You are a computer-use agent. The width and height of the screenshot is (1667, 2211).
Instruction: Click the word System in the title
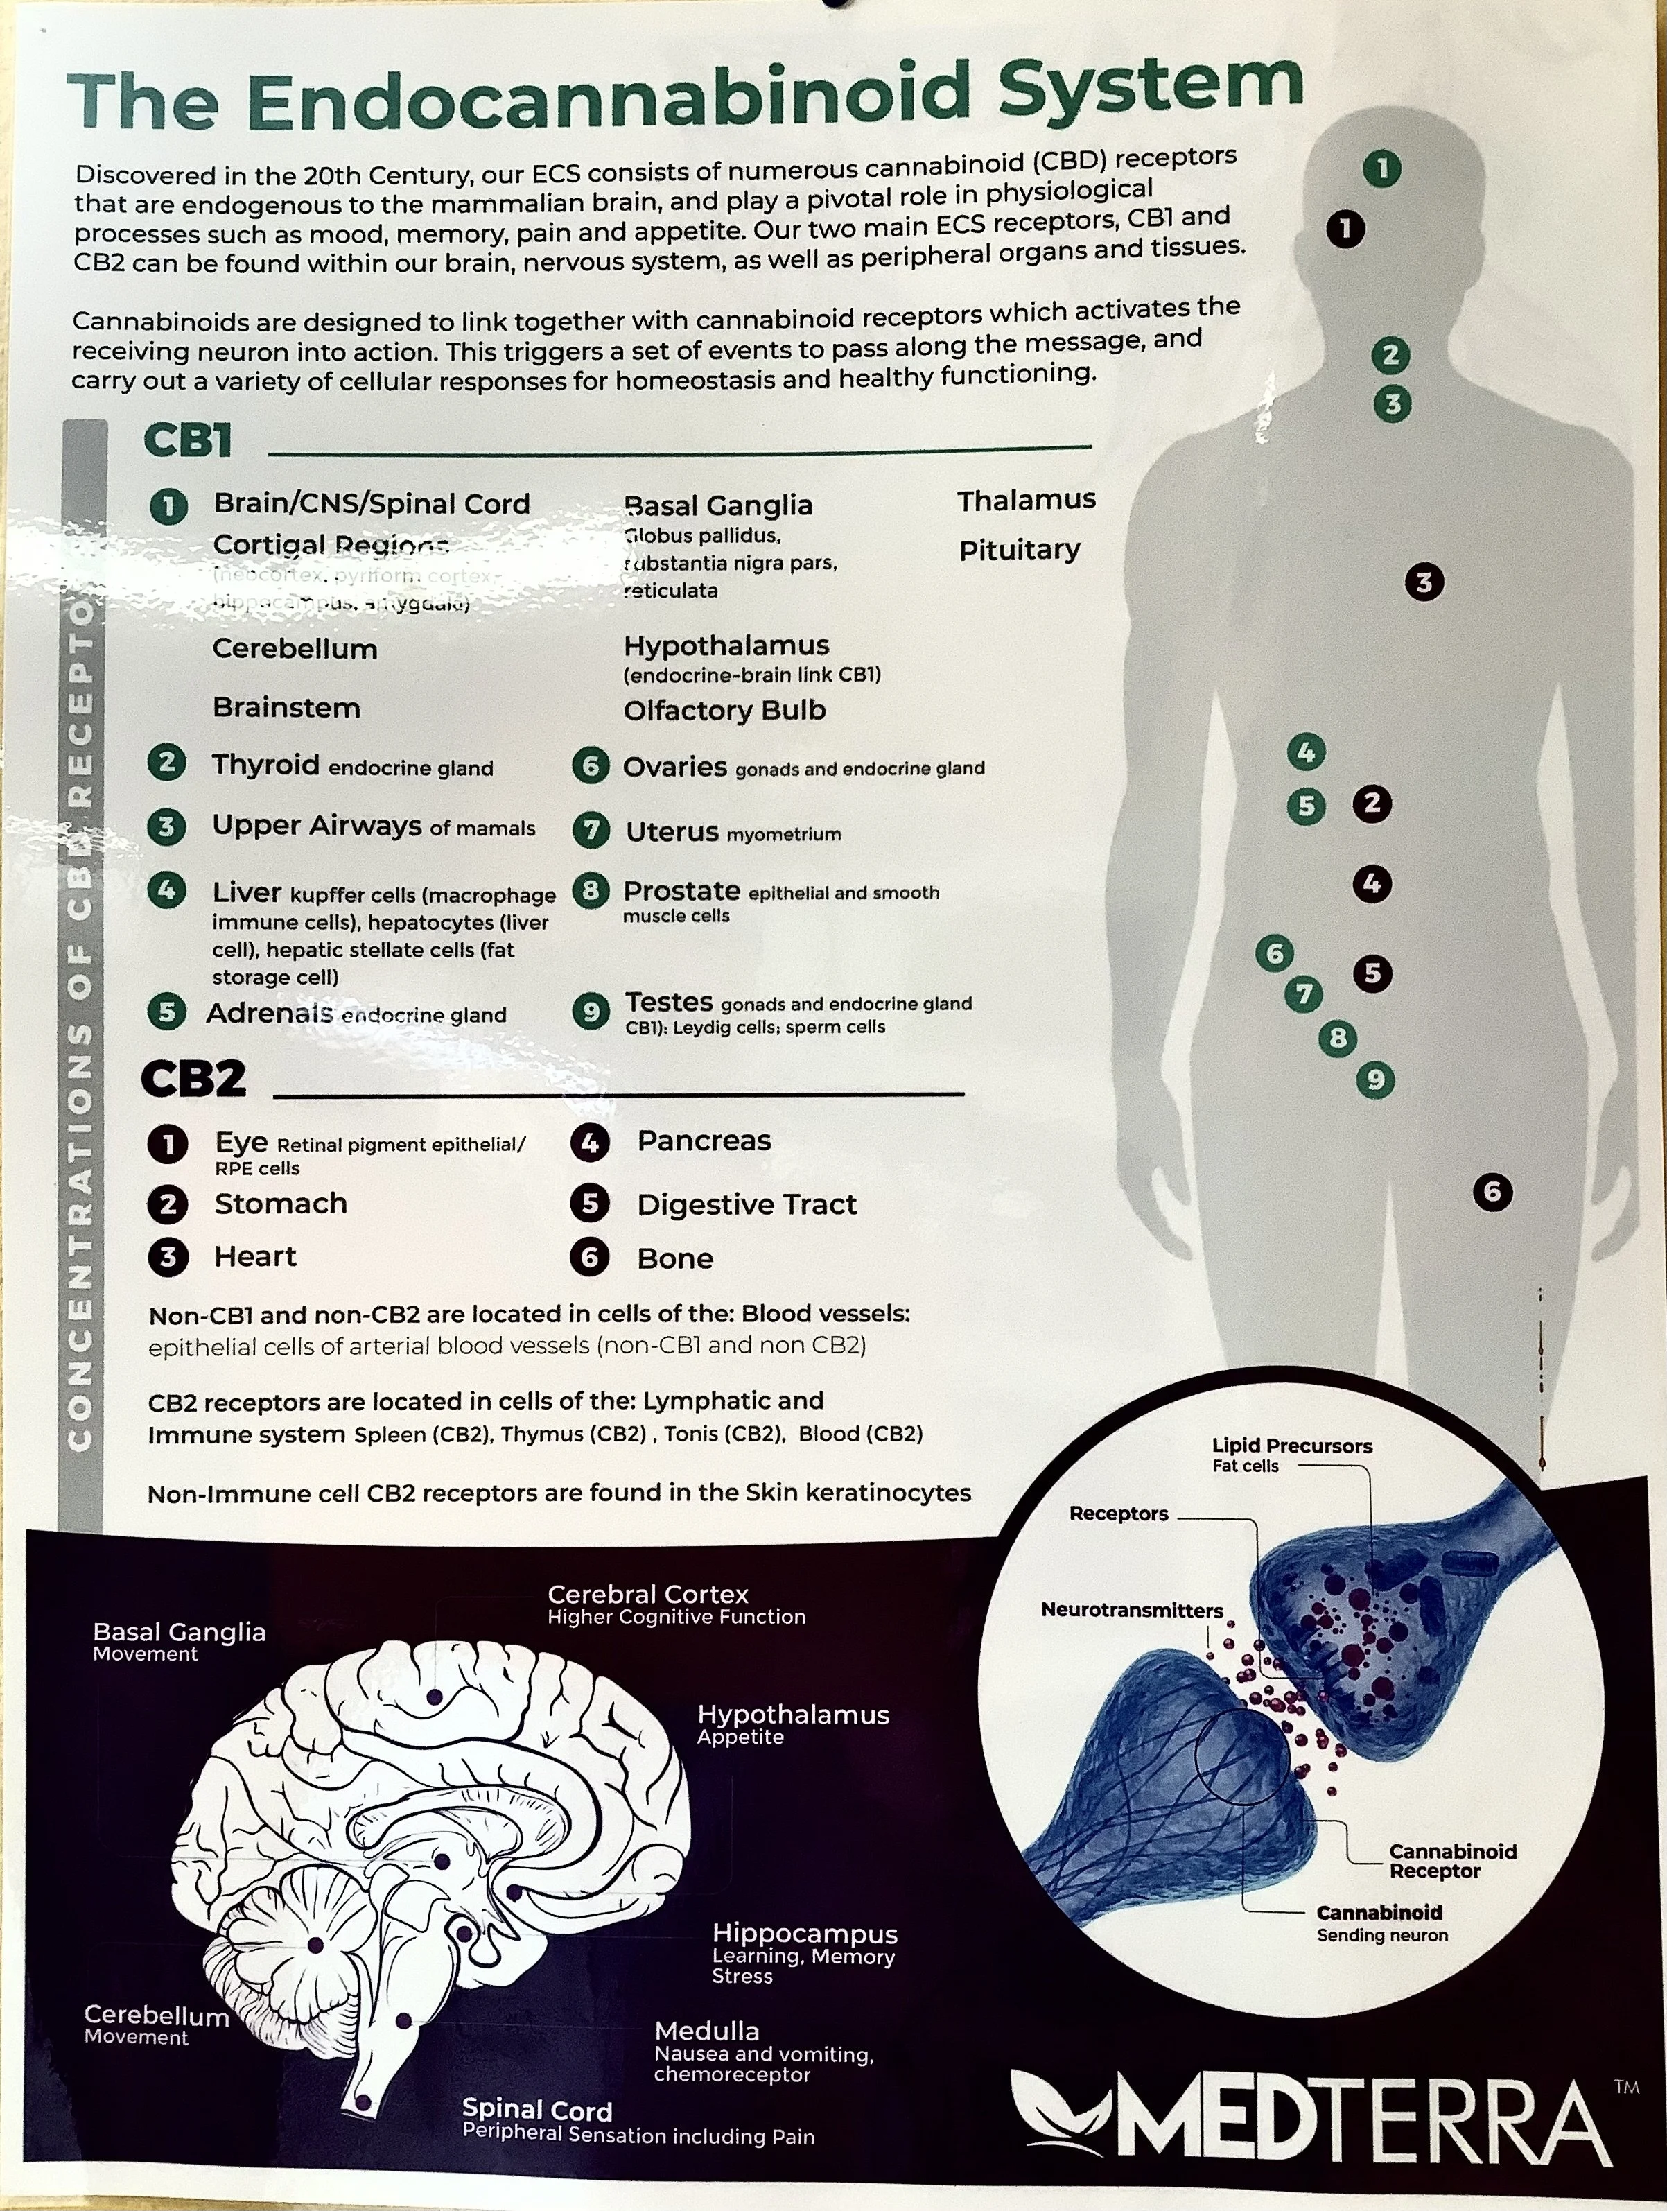click(1149, 88)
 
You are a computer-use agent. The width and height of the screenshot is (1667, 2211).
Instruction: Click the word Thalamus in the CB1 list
click(1027, 500)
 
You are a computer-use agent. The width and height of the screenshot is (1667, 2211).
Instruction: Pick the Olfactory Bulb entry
click(724, 711)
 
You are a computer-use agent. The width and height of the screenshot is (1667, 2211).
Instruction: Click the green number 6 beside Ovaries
click(591, 767)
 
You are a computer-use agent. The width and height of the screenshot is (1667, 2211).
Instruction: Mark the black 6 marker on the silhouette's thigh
click(1492, 1191)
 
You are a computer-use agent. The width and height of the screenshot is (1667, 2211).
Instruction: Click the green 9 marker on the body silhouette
click(1375, 1080)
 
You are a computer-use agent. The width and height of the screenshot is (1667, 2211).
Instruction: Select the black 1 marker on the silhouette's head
click(1345, 229)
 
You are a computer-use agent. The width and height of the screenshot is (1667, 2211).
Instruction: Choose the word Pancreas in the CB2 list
click(704, 1141)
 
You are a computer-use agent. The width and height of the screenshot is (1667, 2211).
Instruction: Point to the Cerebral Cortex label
click(647, 1594)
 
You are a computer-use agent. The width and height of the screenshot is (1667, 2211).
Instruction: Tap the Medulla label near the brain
click(706, 2031)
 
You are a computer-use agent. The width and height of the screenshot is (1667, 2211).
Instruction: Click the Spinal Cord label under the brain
click(536, 2110)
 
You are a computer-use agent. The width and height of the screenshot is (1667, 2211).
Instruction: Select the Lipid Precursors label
click(1291, 1446)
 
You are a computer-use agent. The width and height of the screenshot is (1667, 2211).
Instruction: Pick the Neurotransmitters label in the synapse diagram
click(1131, 1611)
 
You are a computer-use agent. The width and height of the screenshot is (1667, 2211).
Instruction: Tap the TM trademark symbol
click(1626, 2086)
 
